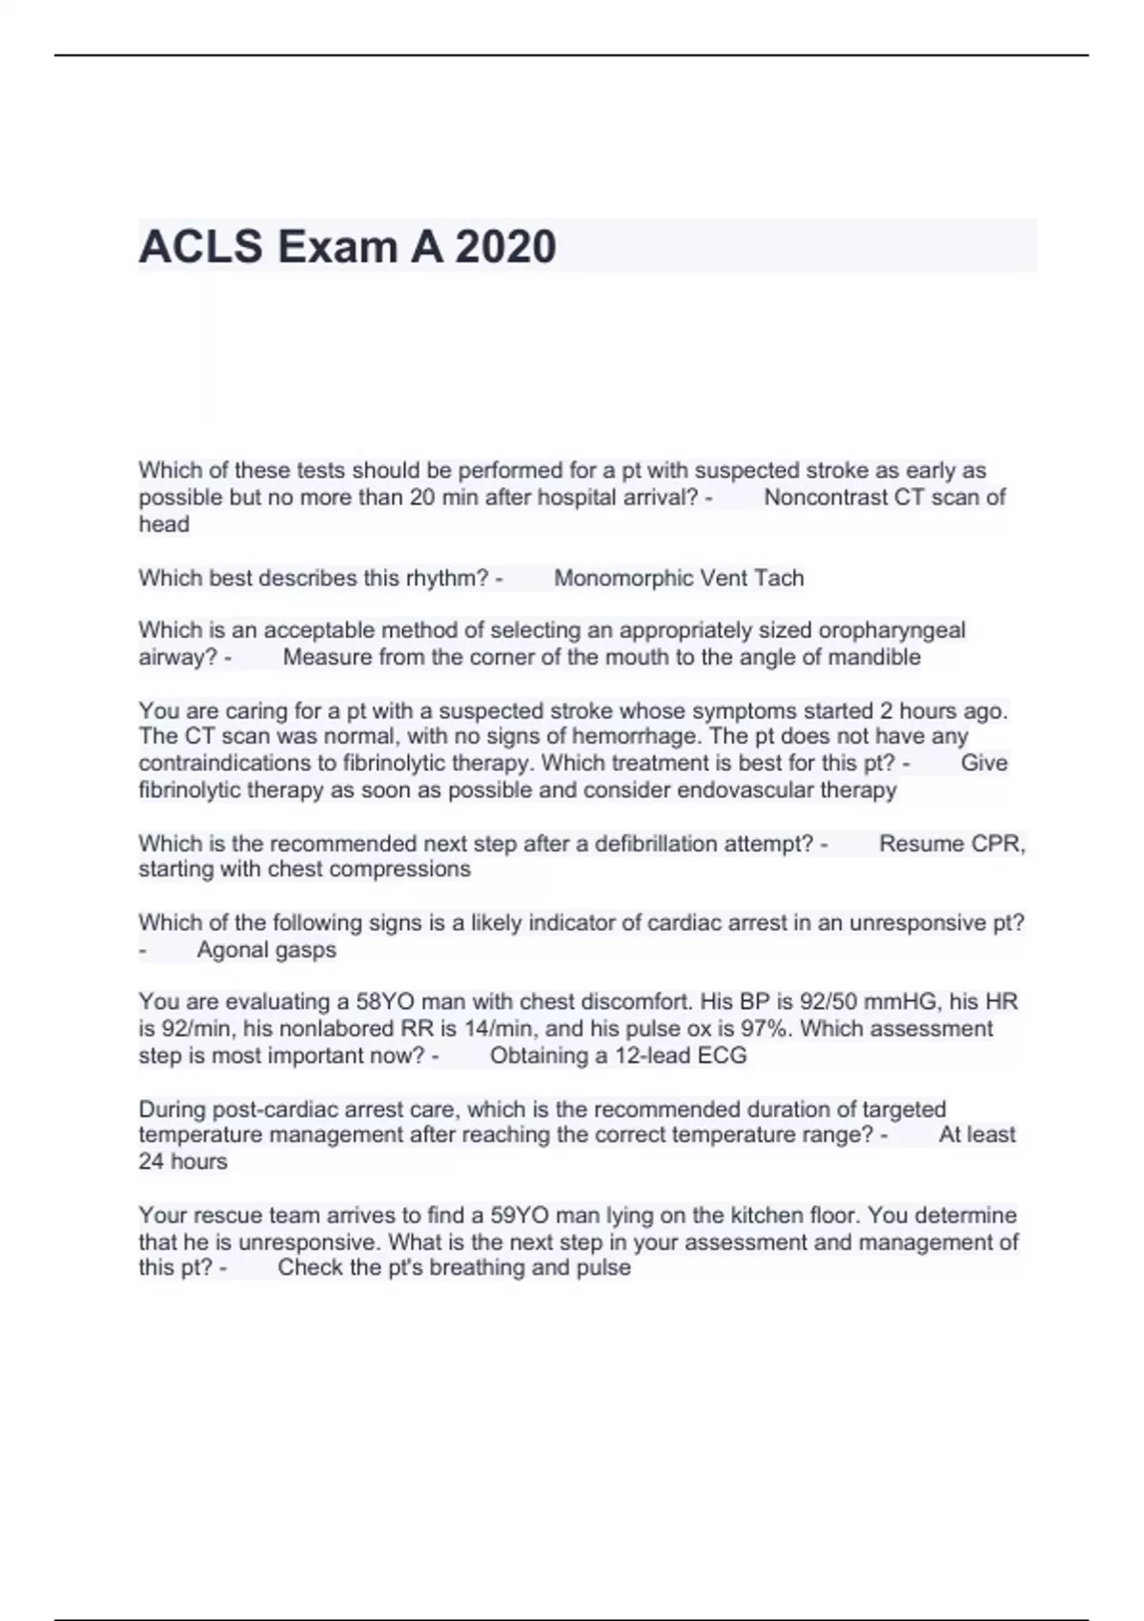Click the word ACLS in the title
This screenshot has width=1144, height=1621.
pos(200,246)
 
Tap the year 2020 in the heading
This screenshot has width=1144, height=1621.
pos(505,246)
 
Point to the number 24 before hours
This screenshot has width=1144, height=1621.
pos(152,1161)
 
